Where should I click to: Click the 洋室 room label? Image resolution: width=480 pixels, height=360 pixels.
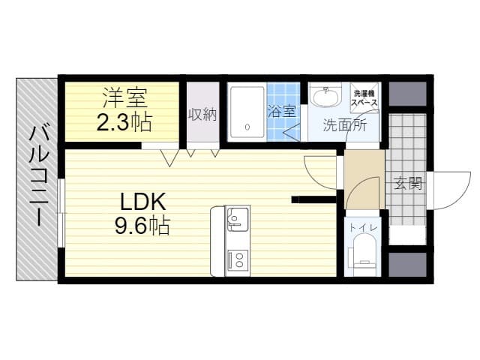[x=125, y=97]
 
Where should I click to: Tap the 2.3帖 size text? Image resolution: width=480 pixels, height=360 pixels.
[x=124, y=122]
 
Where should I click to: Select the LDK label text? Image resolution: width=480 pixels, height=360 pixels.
[x=143, y=202]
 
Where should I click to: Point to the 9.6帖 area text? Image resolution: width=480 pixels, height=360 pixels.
[x=142, y=226]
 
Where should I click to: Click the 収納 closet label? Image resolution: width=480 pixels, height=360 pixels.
[x=202, y=115]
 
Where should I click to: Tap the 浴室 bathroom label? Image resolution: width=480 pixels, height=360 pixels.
[x=282, y=111]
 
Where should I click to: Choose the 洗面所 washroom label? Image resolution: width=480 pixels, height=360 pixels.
[x=345, y=125]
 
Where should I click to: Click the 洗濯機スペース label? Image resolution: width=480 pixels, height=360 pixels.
[x=364, y=98]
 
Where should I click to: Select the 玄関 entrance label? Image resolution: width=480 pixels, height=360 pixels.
[x=408, y=183]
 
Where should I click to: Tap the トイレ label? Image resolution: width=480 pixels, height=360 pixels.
[x=363, y=227]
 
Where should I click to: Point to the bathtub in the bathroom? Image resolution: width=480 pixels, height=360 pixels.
[x=247, y=112]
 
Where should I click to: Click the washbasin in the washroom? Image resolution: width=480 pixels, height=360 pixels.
[x=326, y=95]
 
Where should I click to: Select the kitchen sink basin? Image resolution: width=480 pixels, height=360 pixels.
[x=237, y=219]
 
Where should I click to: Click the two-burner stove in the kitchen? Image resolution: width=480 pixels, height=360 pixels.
[x=238, y=259]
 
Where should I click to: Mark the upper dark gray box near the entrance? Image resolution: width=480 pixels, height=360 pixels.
[x=407, y=94]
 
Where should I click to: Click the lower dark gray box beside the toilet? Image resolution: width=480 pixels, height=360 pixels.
[x=407, y=265]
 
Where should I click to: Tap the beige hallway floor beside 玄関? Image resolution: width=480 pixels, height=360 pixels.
[x=364, y=179]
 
